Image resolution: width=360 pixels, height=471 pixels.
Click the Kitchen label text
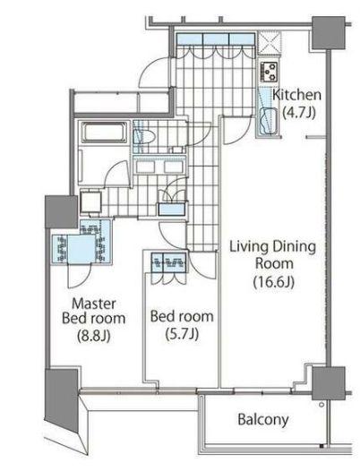click(296, 95)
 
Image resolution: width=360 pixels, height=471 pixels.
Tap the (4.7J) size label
click(299, 113)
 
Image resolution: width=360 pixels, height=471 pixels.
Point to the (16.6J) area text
click(273, 282)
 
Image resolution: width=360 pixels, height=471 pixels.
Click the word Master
click(94, 304)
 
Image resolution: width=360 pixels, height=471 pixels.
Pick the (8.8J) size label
click(94, 336)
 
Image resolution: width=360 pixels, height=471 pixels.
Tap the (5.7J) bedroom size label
click(182, 333)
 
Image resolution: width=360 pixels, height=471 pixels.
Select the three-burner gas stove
click(270, 72)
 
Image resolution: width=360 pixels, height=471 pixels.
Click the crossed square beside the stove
click(270, 43)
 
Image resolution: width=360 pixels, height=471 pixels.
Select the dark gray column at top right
click(328, 33)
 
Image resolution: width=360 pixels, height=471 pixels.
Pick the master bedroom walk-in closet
click(81, 242)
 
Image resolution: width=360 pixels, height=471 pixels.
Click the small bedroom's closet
click(168, 262)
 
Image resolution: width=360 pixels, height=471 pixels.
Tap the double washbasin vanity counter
click(159, 166)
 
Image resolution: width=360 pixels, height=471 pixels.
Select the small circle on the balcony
click(321, 405)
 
